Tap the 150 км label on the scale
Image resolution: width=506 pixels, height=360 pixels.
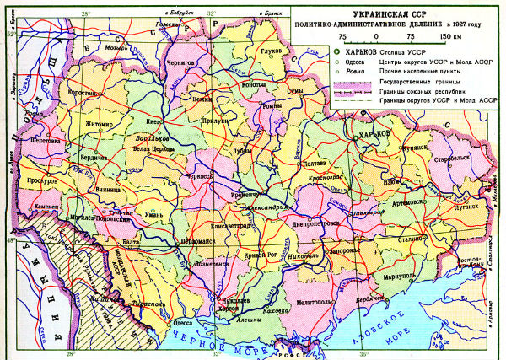coord(451,37)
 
